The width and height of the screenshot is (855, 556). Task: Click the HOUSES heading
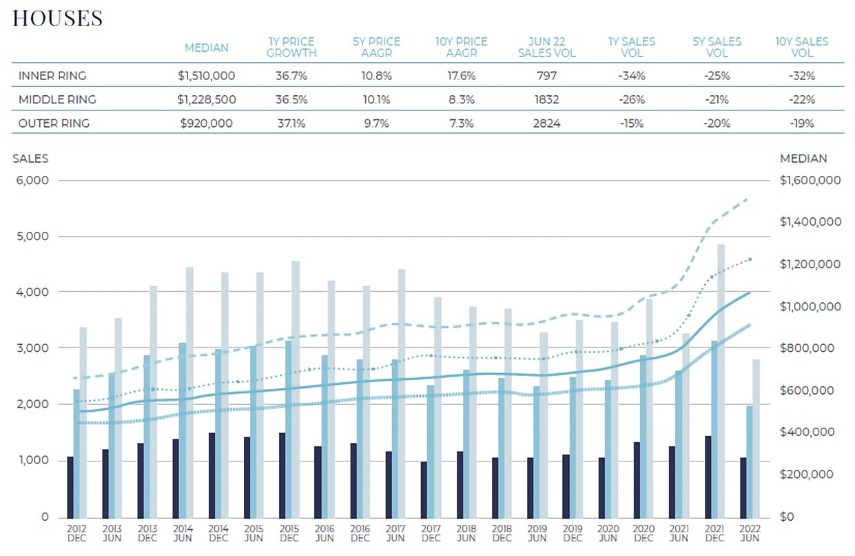pos(58,19)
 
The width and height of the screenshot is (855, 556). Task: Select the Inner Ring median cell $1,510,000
pos(206,75)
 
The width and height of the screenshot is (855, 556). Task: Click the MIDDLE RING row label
pos(57,99)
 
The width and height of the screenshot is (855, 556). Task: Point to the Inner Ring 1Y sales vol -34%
pos(631,75)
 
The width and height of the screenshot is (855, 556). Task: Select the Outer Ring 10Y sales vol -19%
pos(802,123)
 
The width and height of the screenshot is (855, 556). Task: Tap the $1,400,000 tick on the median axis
pos(810,222)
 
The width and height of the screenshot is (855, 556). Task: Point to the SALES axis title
pos(30,159)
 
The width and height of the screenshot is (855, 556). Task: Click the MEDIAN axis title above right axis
pos(803,159)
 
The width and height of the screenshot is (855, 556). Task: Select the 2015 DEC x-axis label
pos(289,533)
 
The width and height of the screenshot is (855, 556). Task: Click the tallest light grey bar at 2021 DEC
pos(721,379)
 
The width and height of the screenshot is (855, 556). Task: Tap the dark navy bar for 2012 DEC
pos(70,486)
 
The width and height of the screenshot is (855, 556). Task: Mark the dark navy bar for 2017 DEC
pos(424,489)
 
